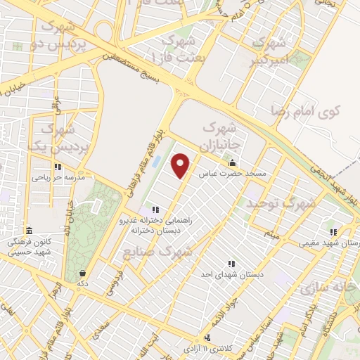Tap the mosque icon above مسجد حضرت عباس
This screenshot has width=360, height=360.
(x=232, y=164)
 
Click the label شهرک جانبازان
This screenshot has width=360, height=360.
(x=221, y=137)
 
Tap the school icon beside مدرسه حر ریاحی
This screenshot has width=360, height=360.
(x=57, y=168)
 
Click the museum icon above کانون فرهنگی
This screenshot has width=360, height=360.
(x=28, y=231)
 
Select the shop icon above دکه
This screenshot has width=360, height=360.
(x=83, y=273)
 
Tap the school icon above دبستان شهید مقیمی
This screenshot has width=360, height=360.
(x=333, y=232)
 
